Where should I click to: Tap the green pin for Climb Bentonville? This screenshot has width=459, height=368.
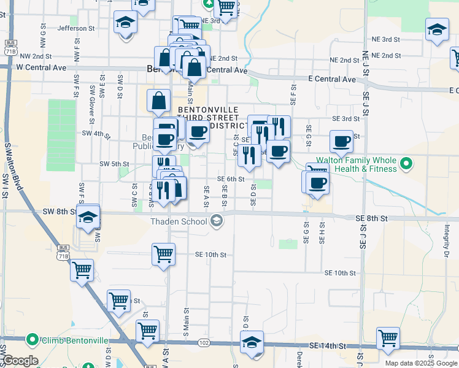32,339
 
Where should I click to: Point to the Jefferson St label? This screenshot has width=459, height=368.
76,28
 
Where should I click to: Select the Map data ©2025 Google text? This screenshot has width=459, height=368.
420,363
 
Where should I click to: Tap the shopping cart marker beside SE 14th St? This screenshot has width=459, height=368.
388,337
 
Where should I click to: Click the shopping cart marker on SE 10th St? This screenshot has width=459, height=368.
163,253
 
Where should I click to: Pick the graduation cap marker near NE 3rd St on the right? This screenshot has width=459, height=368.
437,29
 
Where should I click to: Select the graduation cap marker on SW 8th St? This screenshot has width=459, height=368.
88,217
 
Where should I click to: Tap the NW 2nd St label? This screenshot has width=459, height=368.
34,55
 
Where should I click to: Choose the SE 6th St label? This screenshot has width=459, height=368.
231,179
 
